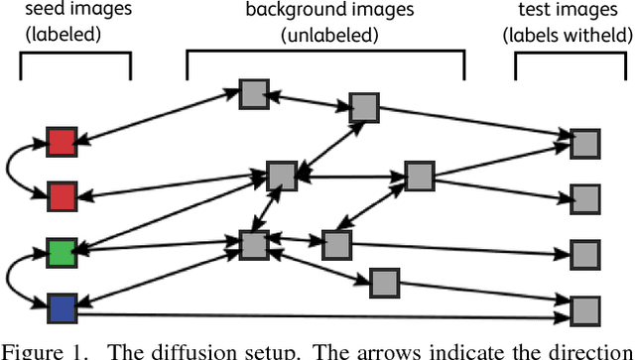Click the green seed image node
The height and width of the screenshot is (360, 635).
tap(62, 250)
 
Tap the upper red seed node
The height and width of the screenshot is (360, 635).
tap(62, 143)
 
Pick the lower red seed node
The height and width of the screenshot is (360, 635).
tap(62, 195)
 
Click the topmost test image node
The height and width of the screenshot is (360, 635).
tap(585, 143)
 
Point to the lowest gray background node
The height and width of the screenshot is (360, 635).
tap(384, 284)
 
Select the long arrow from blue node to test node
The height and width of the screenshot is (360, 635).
tap(317, 319)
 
